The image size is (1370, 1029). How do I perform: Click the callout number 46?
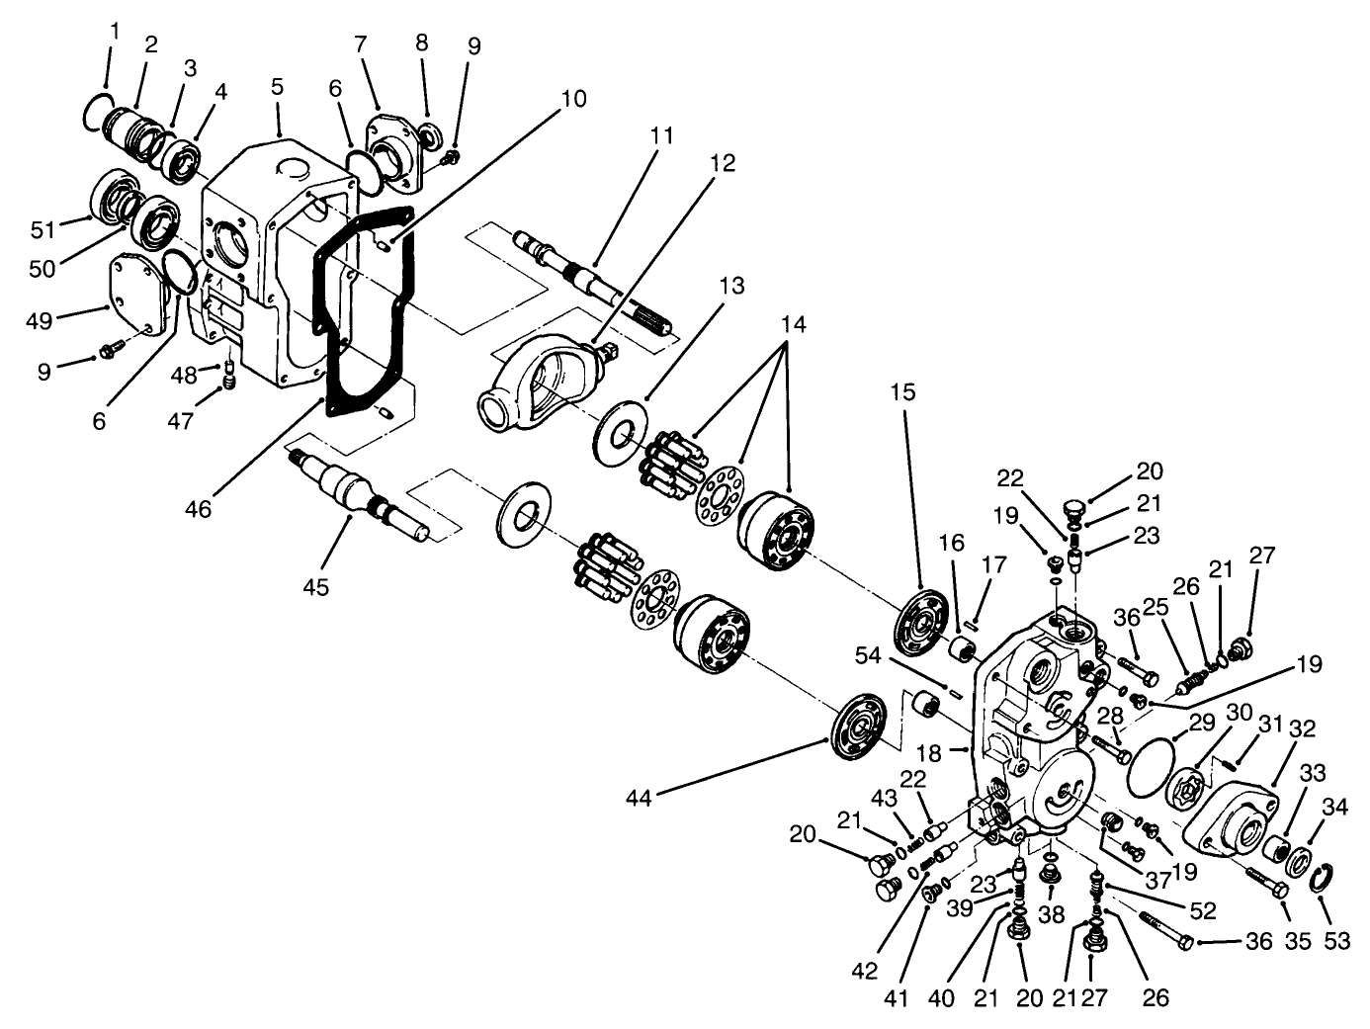[199, 509]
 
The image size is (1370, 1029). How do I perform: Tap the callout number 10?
[572, 99]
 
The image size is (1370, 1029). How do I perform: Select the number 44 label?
[640, 797]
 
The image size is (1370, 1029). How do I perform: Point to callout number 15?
[901, 392]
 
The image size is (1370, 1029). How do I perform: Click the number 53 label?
[1336, 941]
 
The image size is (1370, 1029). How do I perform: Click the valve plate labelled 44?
[858, 729]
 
